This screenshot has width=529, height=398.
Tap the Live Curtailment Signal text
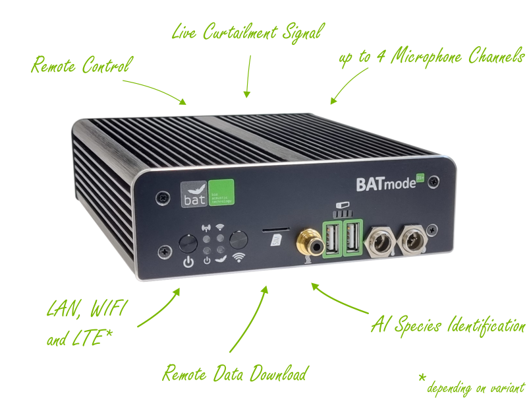coord(248,32)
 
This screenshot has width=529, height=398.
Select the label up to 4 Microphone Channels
coord(431,59)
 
